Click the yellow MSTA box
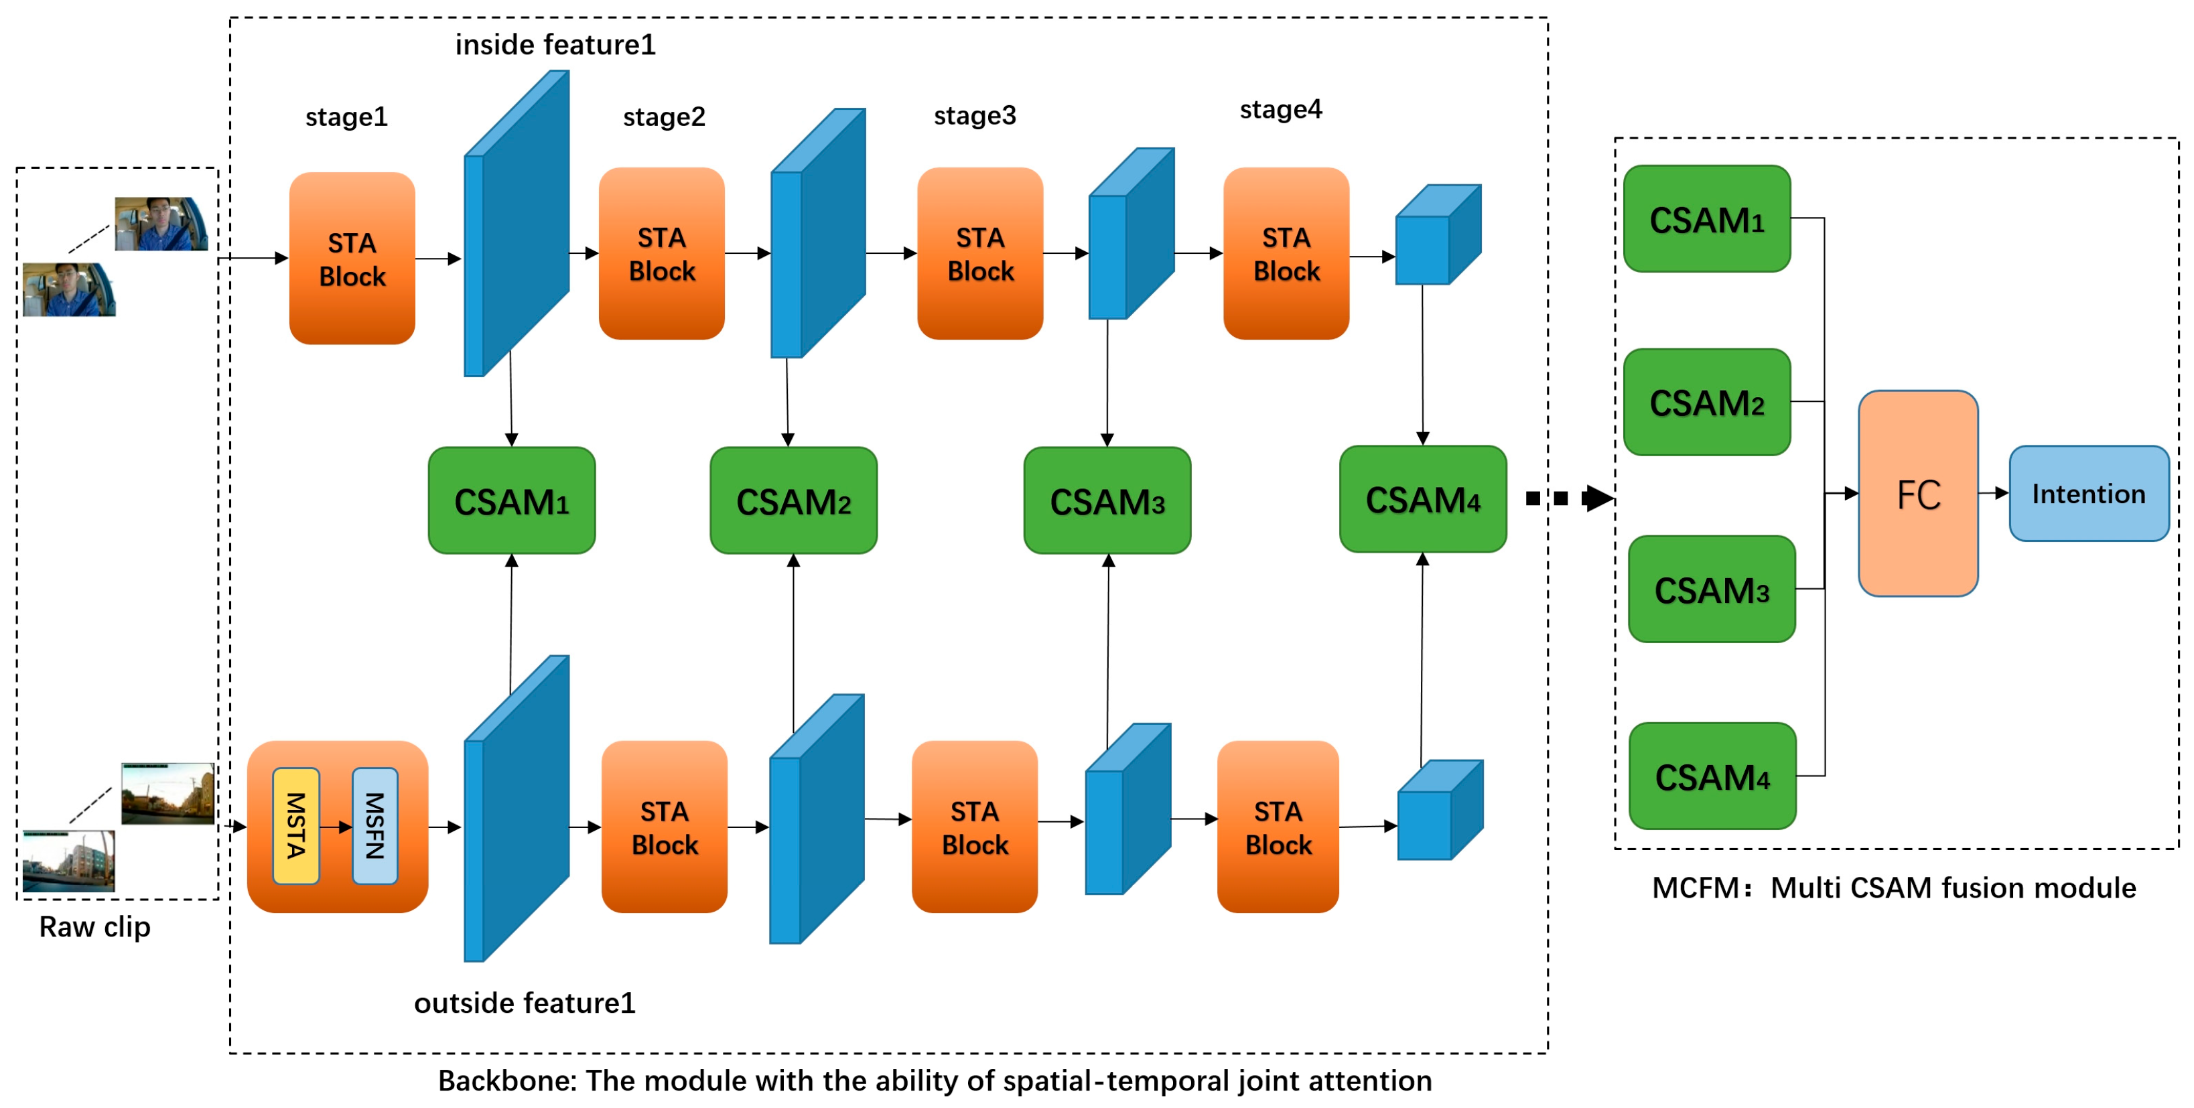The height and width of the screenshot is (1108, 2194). (x=295, y=825)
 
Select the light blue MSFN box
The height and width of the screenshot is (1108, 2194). (x=374, y=825)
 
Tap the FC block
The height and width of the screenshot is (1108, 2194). (x=1917, y=493)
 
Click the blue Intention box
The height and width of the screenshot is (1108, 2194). (x=2087, y=493)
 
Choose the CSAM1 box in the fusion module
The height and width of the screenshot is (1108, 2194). (x=1706, y=219)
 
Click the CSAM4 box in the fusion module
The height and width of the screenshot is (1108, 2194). (x=1712, y=776)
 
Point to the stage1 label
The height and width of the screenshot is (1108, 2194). (x=346, y=117)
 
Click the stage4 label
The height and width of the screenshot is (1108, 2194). (x=1280, y=110)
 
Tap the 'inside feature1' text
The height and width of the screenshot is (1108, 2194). (x=555, y=44)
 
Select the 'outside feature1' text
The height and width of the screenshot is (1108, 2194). (x=525, y=1002)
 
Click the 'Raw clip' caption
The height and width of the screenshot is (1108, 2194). (x=94, y=926)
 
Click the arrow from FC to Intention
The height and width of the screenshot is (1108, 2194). (x=1993, y=492)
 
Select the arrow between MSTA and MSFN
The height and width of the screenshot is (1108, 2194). (x=336, y=826)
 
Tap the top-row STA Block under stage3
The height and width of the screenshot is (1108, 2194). (x=979, y=254)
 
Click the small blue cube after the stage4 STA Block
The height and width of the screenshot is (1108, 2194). (x=1438, y=235)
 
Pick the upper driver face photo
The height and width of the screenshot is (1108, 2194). (x=161, y=224)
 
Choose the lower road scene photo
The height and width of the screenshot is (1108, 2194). (x=68, y=860)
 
